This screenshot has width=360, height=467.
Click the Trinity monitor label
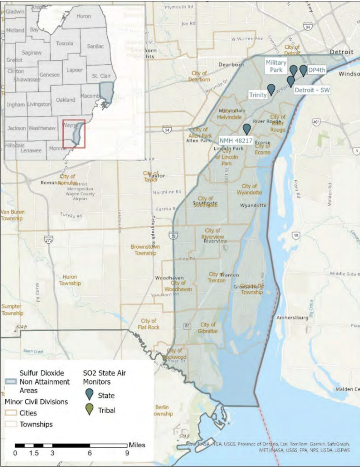coord(258,95)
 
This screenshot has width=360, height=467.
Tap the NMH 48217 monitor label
coord(236,140)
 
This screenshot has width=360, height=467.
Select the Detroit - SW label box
coord(313,90)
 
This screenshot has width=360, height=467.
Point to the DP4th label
coord(317,70)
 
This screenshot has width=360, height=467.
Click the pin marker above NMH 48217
coord(247,129)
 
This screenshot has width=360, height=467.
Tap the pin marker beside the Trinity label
coord(271,89)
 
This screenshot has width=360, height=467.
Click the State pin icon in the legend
coord(90,394)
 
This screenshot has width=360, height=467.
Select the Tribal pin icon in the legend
coord(90,409)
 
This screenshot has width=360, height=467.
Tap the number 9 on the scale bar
coord(127,453)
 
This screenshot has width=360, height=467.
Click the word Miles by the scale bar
coord(137,445)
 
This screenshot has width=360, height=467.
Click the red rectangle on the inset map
coord(74,134)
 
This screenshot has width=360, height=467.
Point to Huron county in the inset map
coord(83,16)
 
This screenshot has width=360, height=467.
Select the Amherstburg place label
coord(292,318)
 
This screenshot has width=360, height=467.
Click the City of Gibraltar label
coord(208,328)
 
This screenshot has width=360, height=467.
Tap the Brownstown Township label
coord(145,250)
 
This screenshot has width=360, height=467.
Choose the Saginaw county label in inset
coord(32,53)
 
